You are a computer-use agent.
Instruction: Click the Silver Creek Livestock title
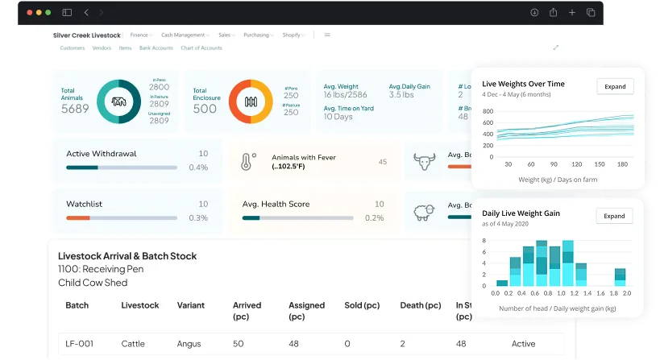(86, 35)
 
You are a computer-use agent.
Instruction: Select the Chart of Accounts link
(201, 48)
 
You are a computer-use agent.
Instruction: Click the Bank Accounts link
(156, 48)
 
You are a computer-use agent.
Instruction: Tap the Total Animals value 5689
(75, 109)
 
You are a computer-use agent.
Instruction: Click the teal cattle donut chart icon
(119, 101)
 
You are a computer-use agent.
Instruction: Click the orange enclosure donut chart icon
(251, 101)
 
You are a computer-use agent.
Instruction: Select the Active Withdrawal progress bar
(121, 168)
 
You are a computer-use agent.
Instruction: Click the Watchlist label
(84, 205)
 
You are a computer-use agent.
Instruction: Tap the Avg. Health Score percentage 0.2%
(374, 218)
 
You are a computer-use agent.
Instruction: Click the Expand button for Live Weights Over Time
(614, 86)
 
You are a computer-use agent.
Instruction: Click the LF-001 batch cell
(79, 344)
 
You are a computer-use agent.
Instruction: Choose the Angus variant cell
(189, 344)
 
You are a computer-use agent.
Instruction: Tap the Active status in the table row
(523, 344)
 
